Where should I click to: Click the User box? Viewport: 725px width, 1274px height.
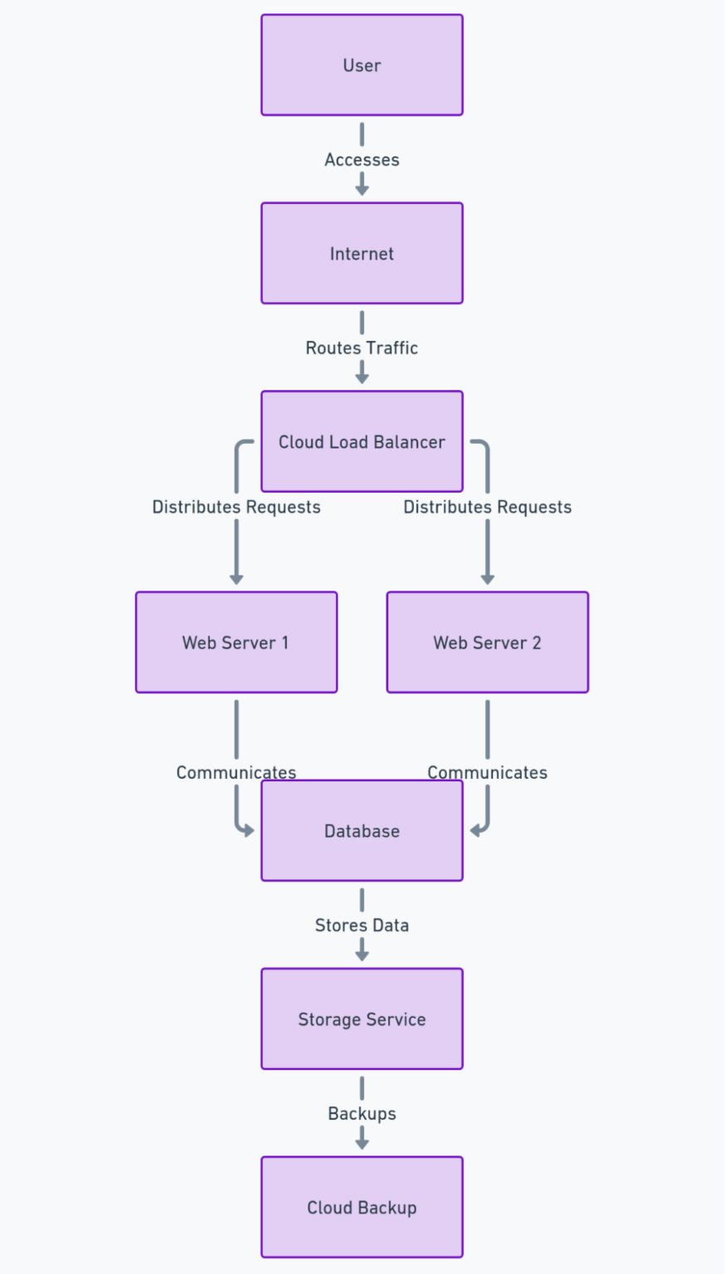click(362, 65)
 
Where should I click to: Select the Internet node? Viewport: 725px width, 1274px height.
click(362, 253)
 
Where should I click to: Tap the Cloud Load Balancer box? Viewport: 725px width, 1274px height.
click(362, 441)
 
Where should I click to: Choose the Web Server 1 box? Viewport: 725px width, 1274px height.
click(236, 642)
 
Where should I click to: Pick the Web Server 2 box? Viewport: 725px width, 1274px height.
click(487, 642)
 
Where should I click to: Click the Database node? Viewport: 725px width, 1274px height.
click(362, 830)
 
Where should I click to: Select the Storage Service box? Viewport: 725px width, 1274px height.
click(362, 1019)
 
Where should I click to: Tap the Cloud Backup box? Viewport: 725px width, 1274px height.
click(362, 1207)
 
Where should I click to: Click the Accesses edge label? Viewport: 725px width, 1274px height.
click(362, 159)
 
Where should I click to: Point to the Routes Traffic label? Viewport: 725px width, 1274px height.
click(362, 348)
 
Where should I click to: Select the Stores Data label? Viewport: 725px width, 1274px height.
click(362, 925)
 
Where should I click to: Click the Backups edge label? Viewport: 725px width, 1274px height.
click(362, 1113)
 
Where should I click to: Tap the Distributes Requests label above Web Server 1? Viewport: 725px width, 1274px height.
click(236, 507)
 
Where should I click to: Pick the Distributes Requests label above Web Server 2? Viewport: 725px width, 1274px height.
click(487, 507)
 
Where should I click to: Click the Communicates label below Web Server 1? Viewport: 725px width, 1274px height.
click(236, 772)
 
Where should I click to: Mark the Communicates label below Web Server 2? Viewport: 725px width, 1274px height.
click(487, 772)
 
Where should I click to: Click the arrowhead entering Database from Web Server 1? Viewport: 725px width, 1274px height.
click(248, 830)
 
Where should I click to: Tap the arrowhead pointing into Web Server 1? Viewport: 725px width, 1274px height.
click(236, 579)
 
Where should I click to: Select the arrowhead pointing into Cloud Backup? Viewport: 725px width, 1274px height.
click(362, 1144)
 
